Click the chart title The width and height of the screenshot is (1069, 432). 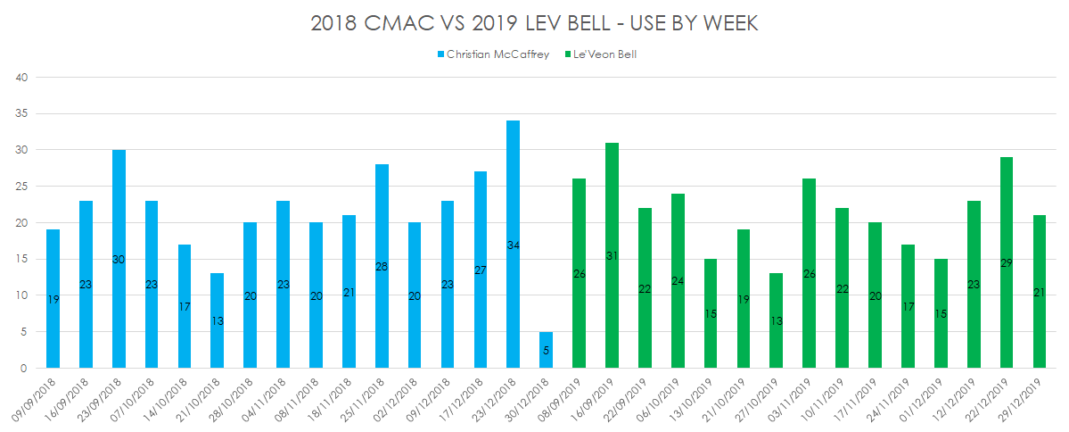[x=534, y=24]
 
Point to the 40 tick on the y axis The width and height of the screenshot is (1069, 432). [x=24, y=78]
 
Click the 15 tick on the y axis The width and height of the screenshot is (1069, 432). [x=24, y=260]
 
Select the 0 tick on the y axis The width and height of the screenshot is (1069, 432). [x=27, y=369]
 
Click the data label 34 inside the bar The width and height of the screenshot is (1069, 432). [x=513, y=245]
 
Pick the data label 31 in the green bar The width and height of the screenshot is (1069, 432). [x=612, y=255]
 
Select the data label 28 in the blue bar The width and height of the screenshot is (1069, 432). [x=382, y=266]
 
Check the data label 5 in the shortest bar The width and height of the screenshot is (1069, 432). [x=546, y=350]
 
